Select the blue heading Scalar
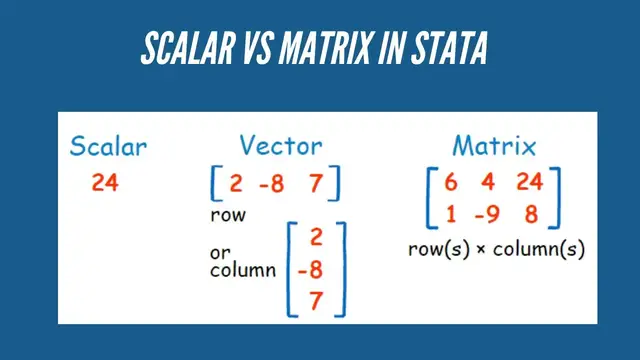tap(108, 148)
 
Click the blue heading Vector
tap(280, 148)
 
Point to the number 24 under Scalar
tap(105, 183)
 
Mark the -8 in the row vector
tap(275, 184)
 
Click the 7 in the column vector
tap(317, 300)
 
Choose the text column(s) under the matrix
tap(545, 249)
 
